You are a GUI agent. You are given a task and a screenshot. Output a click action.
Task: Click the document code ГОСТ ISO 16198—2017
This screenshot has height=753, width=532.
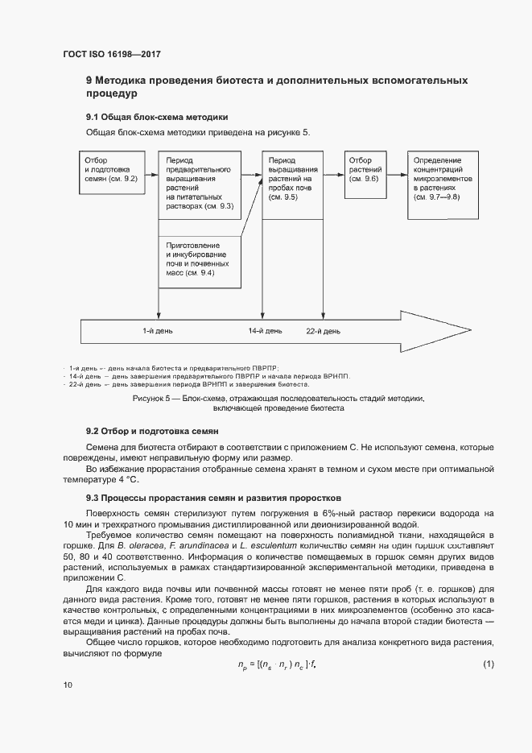coord(118,54)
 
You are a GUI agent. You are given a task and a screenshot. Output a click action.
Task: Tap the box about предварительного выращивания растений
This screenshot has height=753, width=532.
coord(200,184)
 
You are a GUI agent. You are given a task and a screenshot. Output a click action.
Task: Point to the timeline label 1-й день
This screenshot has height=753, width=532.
coord(157,331)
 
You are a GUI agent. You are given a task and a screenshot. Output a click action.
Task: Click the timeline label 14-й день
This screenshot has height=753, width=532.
coord(265,331)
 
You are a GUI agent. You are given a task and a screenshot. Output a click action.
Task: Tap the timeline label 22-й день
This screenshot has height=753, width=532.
coord(322,331)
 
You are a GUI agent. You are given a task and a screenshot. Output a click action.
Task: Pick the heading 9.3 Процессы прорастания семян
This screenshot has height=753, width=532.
coord(202,498)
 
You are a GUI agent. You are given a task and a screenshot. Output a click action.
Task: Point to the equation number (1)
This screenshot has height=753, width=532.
coord(489,664)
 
